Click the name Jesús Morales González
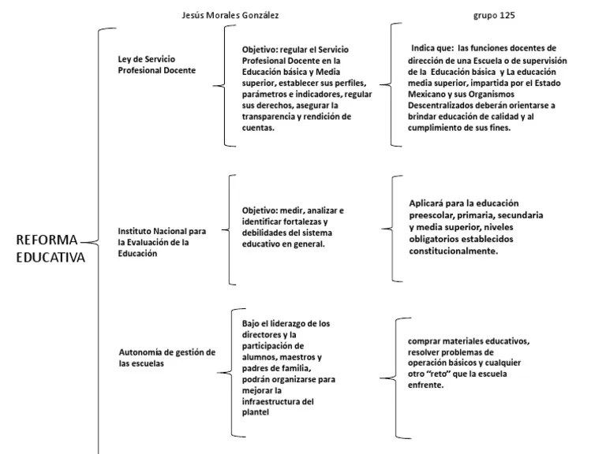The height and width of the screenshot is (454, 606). tap(230, 15)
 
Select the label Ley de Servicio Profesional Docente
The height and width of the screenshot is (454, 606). tap(156, 64)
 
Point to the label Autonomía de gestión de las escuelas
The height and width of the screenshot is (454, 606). tap(166, 357)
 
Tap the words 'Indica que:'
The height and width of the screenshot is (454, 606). tap(432, 47)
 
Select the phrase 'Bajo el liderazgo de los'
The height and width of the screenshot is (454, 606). tap(286, 323)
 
